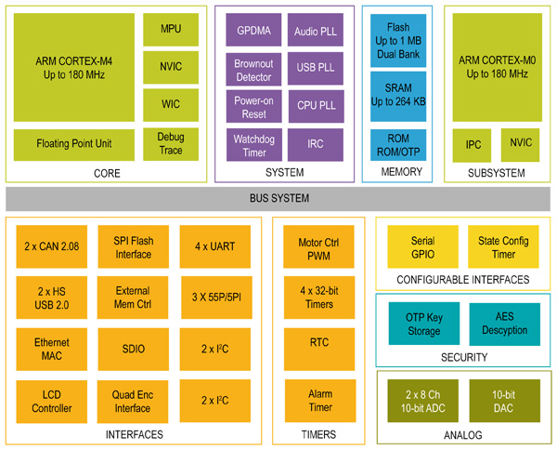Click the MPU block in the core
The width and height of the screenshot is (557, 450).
coord(171,29)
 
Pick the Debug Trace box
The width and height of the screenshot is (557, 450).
coord(171,144)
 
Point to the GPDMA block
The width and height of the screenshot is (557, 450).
coord(253,30)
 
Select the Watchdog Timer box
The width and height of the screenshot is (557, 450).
coord(253,145)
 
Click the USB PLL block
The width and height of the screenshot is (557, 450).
coord(316,68)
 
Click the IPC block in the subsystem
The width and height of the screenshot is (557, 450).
coord(472,145)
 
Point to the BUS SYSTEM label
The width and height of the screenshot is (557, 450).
coord(278,198)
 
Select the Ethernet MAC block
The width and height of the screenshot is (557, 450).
coord(52,350)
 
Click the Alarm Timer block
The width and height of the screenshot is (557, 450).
coord(318,401)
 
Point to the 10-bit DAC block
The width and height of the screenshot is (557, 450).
coord(503,401)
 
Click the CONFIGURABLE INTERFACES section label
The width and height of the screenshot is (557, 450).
coord(462,280)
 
